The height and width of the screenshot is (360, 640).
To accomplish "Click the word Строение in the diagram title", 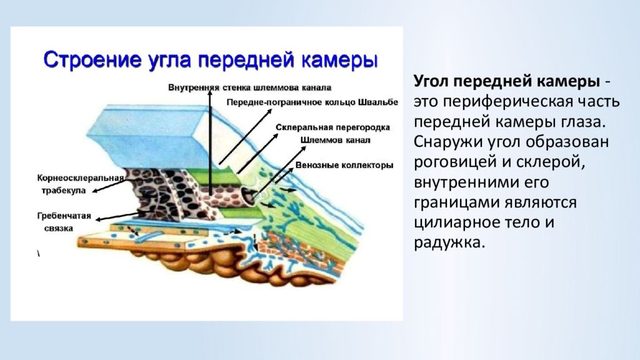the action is coord(89,60).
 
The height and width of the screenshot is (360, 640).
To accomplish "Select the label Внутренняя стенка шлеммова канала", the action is coord(250,87).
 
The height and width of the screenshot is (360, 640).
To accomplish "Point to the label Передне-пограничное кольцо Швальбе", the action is coord(312,102).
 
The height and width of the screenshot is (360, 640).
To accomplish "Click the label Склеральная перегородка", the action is coord(332,127).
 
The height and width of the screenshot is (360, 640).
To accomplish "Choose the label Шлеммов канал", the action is coord(335,140).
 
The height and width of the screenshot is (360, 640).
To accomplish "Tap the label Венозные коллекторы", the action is coord(344,165).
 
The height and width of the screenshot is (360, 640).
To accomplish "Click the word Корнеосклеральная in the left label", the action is coord(81,178).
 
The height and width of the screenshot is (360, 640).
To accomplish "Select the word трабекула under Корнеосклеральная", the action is coord(63,191).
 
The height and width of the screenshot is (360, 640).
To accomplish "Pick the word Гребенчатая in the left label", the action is coord(64,216).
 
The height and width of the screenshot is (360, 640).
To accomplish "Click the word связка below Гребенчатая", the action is coord(58,228).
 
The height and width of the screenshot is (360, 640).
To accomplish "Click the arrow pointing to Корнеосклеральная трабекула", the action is coord(109,186).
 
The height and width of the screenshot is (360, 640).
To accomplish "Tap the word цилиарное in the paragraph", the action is coord(455,223).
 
